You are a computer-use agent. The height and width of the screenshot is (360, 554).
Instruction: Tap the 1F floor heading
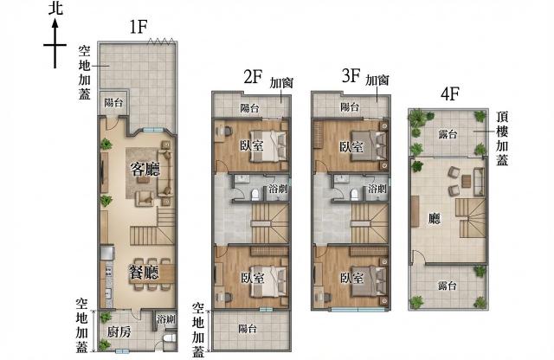tap(138, 27)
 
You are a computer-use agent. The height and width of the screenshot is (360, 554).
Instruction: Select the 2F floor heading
tap(253, 77)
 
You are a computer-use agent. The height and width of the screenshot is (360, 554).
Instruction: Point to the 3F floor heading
tap(351, 75)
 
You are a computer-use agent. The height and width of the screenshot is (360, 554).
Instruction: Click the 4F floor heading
tap(450, 94)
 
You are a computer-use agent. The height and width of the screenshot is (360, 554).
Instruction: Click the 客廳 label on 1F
tap(145, 169)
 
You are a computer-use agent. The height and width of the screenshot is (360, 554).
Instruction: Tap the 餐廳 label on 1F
tap(144, 273)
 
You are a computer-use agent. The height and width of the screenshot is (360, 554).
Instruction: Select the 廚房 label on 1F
tap(119, 332)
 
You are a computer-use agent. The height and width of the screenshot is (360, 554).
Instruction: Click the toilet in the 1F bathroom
tap(170, 337)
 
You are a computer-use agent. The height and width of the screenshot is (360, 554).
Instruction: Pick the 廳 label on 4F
tap(435, 218)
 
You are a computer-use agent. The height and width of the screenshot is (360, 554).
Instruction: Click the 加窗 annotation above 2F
tap(281, 83)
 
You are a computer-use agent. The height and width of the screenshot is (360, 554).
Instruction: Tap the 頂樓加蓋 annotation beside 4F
tap(502, 138)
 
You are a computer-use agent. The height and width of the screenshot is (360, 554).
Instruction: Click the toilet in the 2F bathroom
tap(254, 195)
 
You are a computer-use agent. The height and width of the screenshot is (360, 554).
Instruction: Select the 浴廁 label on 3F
tap(377, 189)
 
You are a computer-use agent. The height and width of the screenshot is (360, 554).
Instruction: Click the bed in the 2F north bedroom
tap(268, 146)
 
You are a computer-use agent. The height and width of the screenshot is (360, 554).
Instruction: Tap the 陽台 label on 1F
tap(113, 103)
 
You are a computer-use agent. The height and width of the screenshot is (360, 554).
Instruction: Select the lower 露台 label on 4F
tap(448, 285)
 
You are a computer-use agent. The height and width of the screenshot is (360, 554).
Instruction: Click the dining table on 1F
tap(152, 273)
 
